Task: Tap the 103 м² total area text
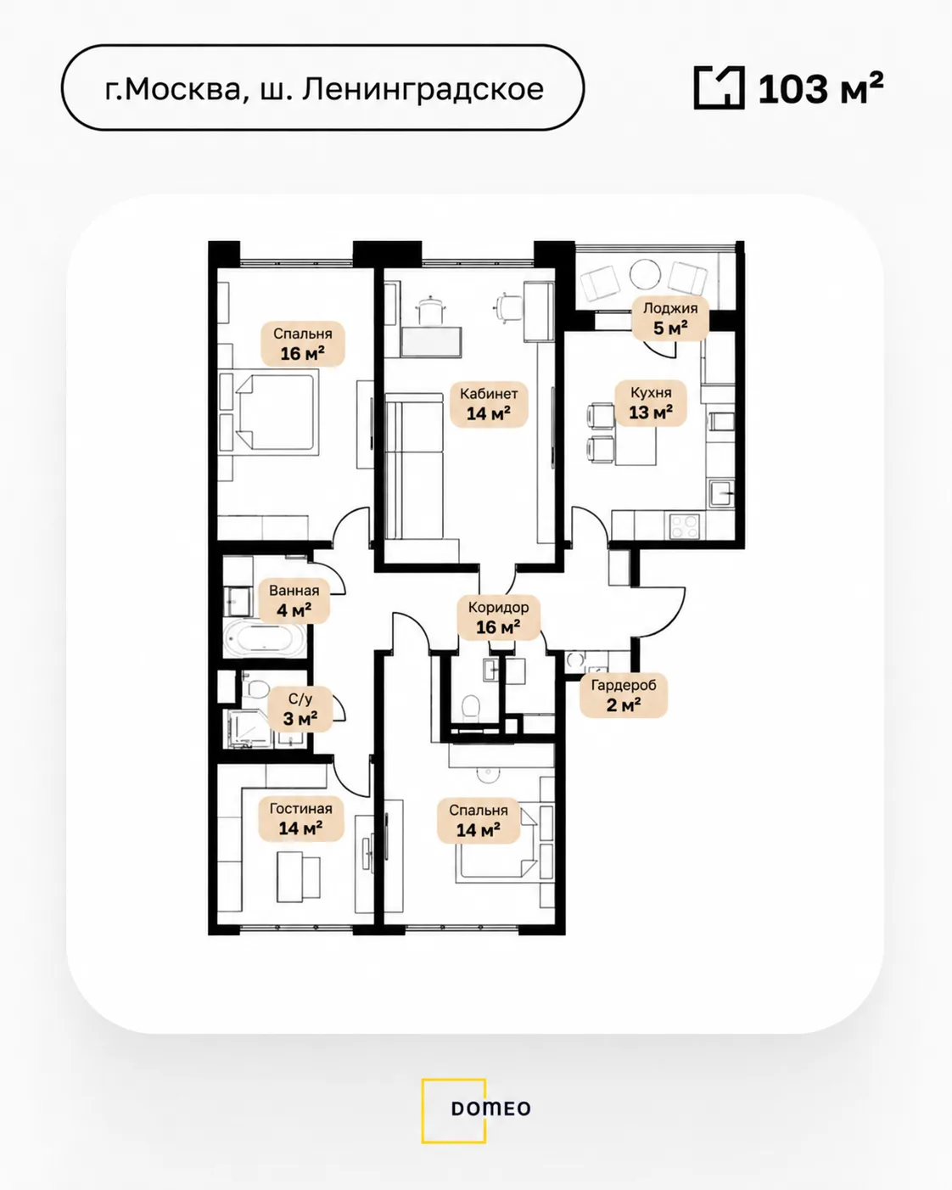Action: pyautogui.click(x=820, y=88)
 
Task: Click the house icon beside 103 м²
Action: pyautogui.click(x=719, y=87)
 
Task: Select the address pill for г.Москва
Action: pyautogui.click(x=323, y=88)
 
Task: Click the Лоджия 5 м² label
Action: pyautogui.click(x=670, y=319)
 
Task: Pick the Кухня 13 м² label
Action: pyautogui.click(x=651, y=403)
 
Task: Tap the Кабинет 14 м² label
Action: pyautogui.click(x=489, y=404)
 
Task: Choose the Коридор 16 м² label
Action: pyautogui.click(x=498, y=618)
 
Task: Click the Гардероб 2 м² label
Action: pyautogui.click(x=624, y=696)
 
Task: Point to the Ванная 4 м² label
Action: pyautogui.click(x=294, y=601)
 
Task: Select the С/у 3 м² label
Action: pyautogui.click(x=300, y=710)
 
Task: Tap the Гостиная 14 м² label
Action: pyautogui.click(x=300, y=819)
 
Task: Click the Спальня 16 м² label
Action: pyautogui.click(x=302, y=344)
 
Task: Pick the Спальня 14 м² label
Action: pyautogui.click(x=479, y=821)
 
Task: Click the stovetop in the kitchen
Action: pyautogui.click(x=685, y=525)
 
